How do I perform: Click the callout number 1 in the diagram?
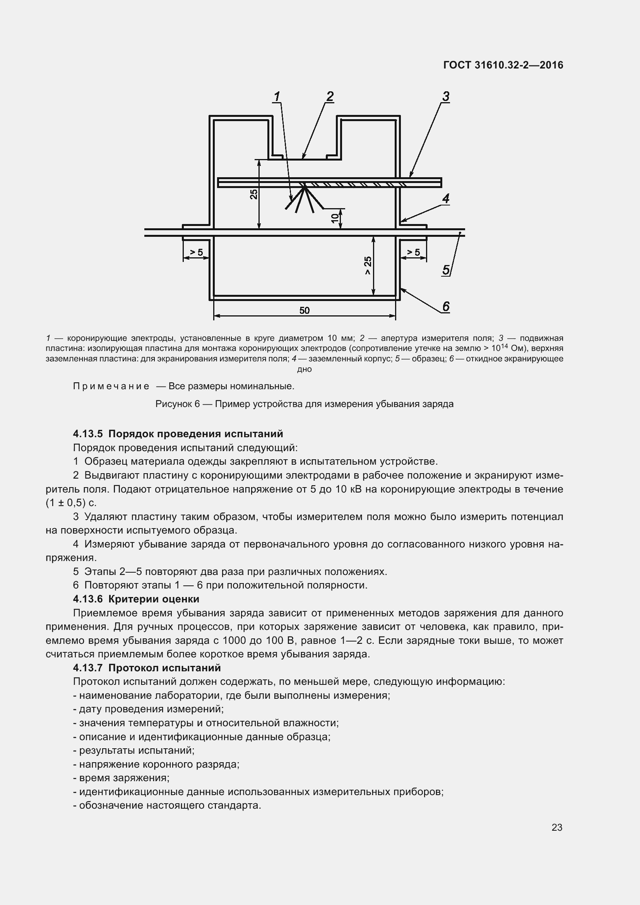(277, 97)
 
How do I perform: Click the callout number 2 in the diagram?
(330, 97)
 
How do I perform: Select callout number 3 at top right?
(446, 97)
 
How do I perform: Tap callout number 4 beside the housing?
(446, 198)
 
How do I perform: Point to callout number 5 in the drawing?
(446, 270)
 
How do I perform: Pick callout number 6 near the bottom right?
(446, 306)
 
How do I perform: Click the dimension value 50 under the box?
(304, 311)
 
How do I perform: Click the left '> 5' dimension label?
(196, 252)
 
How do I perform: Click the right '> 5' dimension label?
(413, 252)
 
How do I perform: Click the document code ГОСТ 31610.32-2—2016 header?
(503, 65)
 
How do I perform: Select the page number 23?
(557, 827)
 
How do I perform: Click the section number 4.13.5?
(87, 434)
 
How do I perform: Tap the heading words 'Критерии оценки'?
(154, 599)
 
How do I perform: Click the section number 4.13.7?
(87, 668)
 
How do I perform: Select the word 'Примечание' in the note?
(111, 386)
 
